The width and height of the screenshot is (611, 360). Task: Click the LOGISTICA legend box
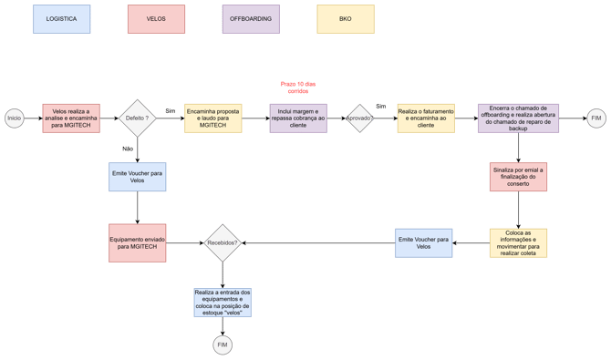[62, 19]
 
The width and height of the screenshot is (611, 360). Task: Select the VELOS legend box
[156, 19]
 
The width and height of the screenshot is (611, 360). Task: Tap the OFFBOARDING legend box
[251, 19]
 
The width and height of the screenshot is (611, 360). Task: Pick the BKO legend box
[346, 19]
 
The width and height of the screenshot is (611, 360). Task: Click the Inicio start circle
[15, 118]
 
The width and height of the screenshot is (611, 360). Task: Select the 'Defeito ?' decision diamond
[137, 118]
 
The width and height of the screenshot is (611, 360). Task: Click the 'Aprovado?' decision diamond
[359, 118]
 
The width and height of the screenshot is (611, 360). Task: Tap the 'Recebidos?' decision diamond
[223, 242]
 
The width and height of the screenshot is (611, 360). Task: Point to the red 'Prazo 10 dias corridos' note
[298, 87]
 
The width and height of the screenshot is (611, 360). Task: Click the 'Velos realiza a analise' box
[71, 118]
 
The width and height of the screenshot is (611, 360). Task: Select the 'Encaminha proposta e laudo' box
[213, 118]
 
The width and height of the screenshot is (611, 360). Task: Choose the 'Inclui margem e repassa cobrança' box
[298, 118]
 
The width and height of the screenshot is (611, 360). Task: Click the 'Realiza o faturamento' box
[426, 118]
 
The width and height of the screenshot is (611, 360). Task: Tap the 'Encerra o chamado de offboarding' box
[518, 118]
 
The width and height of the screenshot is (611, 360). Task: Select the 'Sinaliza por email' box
[518, 177]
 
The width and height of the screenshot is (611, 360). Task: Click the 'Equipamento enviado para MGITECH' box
[137, 242]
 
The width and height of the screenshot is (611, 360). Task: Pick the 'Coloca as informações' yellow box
[518, 242]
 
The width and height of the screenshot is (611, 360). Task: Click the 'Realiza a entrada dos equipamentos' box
[223, 303]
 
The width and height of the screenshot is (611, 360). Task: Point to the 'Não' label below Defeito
[128, 149]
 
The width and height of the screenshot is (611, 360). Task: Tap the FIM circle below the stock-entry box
[223, 345]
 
